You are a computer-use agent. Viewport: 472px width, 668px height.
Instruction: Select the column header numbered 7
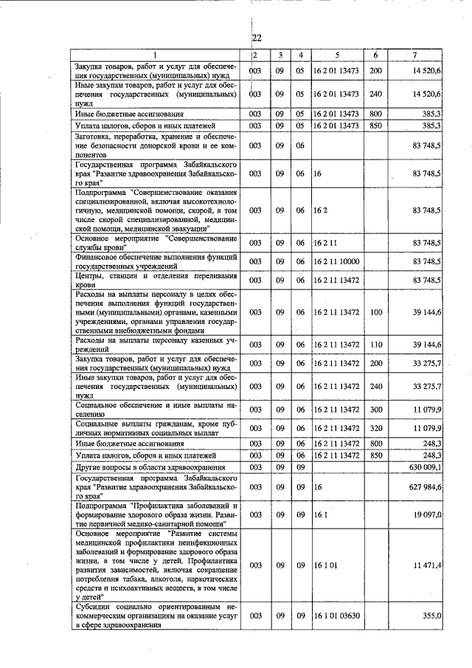pyautogui.click(x=415, y=55)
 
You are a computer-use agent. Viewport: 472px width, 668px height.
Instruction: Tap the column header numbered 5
pyautogui.click(x=336, y=55)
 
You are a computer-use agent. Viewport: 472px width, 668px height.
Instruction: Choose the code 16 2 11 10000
pyautogui.click(x=336, y=261)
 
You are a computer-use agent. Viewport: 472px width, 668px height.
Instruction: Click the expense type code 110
pyautogui.click(x=375, y=344)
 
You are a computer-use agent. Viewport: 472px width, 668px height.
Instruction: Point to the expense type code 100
pyautogui.click(x=375, y=312)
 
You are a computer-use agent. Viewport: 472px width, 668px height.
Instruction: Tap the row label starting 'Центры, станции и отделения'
pyautogui.click(x=155, y=280)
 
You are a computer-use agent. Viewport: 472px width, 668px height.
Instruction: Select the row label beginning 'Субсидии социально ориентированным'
pyautogui.click(x=155, y=615)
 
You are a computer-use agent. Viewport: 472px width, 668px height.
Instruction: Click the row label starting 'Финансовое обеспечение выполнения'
pyautogui.click(x=155, y=261)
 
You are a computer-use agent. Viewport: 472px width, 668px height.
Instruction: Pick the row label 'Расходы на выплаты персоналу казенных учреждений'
pyautogui.click(x=155, y=344)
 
